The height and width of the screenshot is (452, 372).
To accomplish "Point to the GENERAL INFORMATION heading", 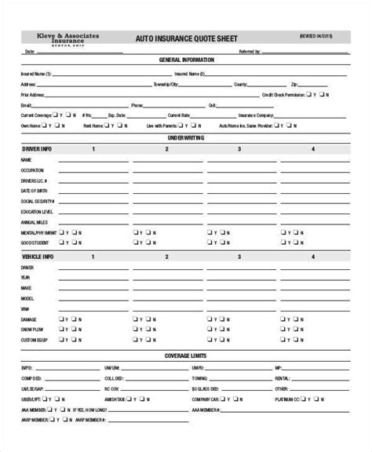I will [186, 60].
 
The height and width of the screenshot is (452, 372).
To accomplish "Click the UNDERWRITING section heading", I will [186, 137].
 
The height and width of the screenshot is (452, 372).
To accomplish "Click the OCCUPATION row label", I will [33, 170].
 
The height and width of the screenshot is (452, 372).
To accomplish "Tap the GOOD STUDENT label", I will [35, 244].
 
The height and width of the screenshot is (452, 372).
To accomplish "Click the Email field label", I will [27, 104].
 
